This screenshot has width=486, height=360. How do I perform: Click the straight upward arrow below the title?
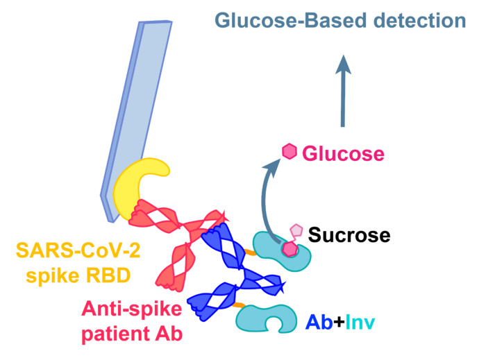[342, 91]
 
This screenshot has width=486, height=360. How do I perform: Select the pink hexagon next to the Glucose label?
[289, 151]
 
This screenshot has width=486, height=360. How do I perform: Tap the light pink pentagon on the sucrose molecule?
[296, 231]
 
